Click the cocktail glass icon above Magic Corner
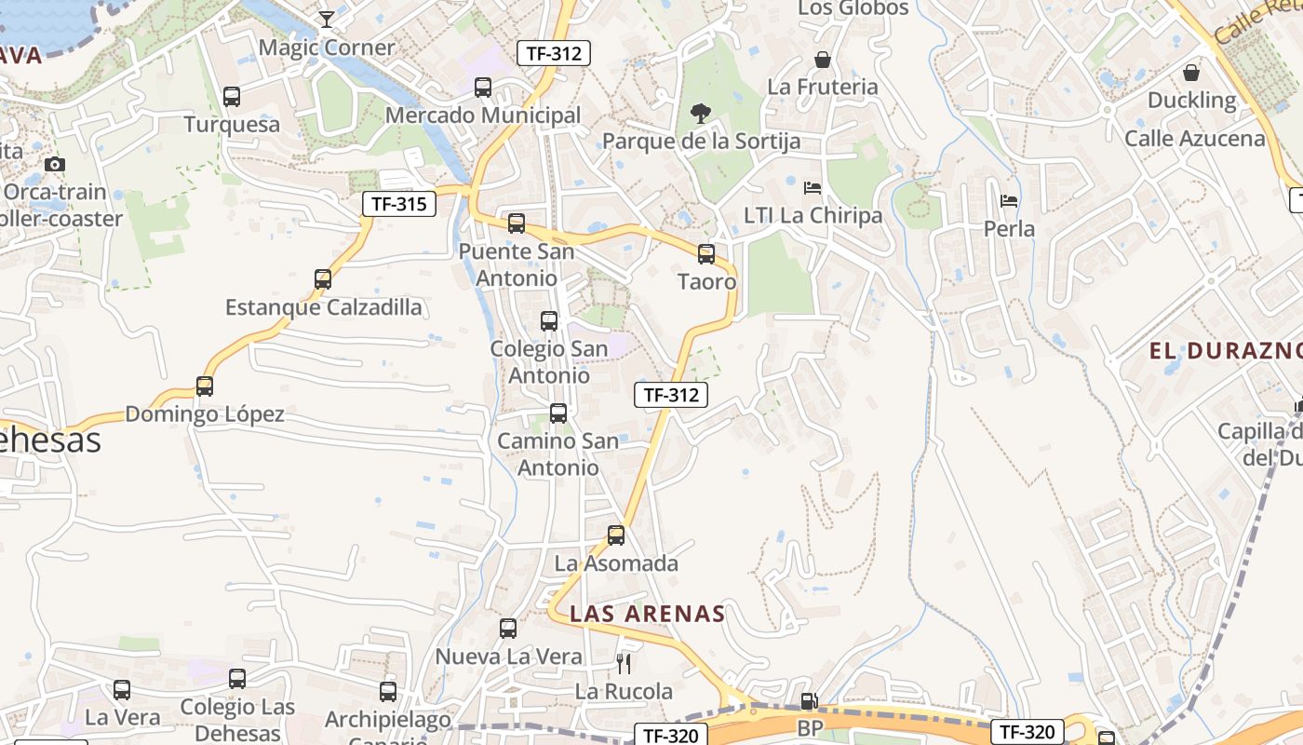point(327,20)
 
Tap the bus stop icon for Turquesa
point(232,96)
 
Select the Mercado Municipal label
point(482,115)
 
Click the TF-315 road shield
point(399,203)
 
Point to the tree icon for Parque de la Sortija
point(700,114)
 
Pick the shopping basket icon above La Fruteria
point(823,61)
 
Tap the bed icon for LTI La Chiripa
point(812,188)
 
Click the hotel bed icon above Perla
point(1009,201)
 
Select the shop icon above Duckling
point(1191,73)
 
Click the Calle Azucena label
point(1195,139)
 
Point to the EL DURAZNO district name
point(1225,351)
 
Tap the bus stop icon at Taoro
point(706,254)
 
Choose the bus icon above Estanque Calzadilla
point(323,279)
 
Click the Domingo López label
point(205,414)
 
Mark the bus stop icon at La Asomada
point(616,535)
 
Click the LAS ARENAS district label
point(647,614)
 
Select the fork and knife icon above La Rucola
point(624,664)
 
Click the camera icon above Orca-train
point(55,165)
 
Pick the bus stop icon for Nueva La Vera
point(508,629)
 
